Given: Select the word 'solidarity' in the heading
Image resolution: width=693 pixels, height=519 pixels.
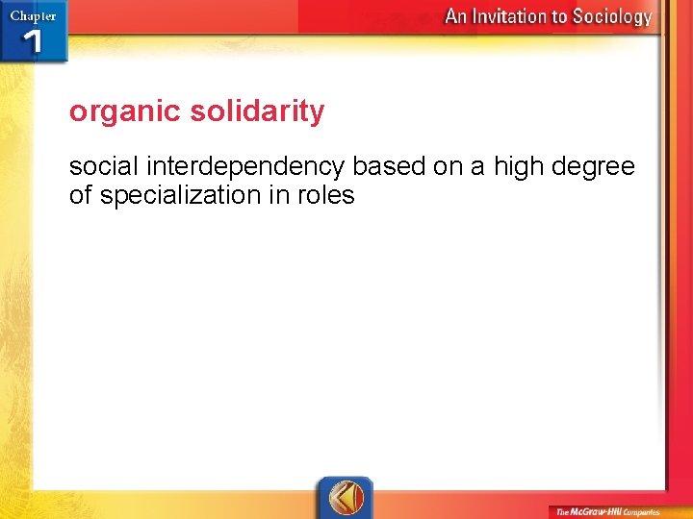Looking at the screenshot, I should [x=257, y=111].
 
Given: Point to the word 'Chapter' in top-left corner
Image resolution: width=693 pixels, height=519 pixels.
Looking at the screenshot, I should [x=33, y=16].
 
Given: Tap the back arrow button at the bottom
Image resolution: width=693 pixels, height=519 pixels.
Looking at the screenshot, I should [x=346, y=498].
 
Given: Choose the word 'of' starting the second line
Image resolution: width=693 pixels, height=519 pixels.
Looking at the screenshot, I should [x=81, y=196].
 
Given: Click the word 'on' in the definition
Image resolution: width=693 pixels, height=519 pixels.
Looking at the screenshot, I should [x=448, y=167].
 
